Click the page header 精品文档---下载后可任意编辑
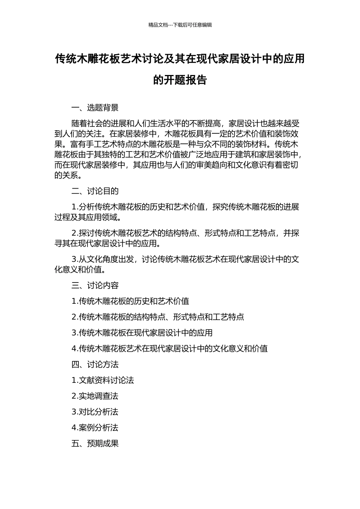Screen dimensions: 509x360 pos(180,25)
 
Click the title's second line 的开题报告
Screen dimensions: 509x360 pos(180,80)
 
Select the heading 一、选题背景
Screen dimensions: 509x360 pos(95,108)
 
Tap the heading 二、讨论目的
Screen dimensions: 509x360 pos(95,191)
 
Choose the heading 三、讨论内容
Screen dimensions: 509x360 pos(95,286)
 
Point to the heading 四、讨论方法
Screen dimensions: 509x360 pos(95,364)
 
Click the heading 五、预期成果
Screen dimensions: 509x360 pos(95,443)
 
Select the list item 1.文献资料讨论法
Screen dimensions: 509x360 pos(103,380)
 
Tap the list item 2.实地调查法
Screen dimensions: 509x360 pos(95,396)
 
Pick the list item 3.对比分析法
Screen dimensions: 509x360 pos(95,412)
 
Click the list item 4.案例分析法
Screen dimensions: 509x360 pos(95,428)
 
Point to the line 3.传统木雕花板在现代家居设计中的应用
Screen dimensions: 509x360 pos(142,333)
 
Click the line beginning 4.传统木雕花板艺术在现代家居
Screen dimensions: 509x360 pos(170,349)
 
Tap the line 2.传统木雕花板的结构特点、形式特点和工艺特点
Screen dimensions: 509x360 pos(158,317)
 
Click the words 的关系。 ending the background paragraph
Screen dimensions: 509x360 pos(68,175)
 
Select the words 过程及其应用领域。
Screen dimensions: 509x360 pos(88,217)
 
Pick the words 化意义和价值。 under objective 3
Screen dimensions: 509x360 pos(80,270)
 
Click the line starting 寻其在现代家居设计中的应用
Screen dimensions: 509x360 pos(107,244)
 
